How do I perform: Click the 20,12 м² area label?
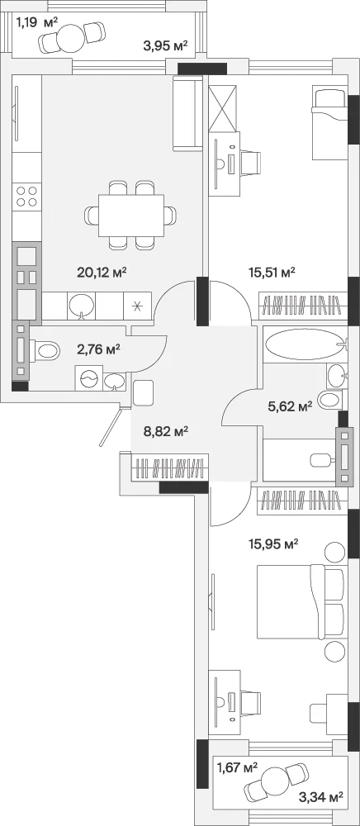pos(102,272)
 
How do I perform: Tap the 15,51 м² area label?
pos(271,272)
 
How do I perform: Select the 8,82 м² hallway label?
pos(166,432)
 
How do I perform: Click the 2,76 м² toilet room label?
pos(98,349)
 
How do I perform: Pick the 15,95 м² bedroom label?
pos(273,544)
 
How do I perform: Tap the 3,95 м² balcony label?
pos(165,45)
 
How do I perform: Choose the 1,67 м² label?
pos(237,768)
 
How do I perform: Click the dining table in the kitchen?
pos(131,215)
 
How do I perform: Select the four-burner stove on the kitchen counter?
pos(27,196)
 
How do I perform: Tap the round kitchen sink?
pos(82,306)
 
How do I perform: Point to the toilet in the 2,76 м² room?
pos(45,349)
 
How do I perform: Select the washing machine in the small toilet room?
pos(88,378)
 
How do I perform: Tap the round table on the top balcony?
pos(69,38)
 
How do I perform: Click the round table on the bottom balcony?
pos(275,778)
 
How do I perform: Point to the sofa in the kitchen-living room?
pos(187,112)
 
